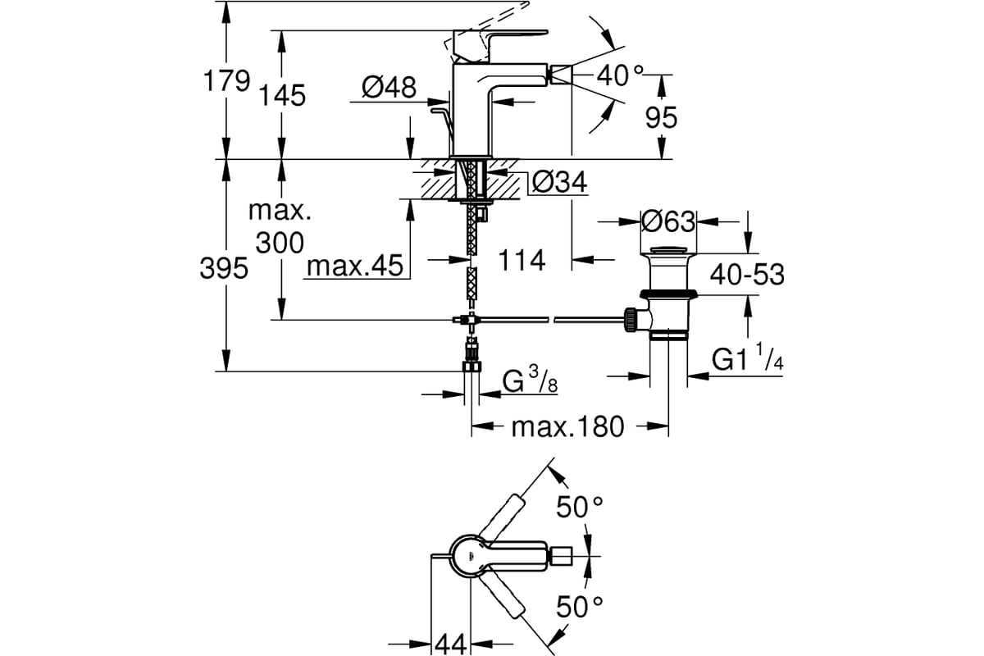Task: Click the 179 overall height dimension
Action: click(226, 81)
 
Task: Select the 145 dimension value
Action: click(282, 95)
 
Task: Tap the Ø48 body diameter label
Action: click(389, 87)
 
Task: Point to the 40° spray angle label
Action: click(620, 75)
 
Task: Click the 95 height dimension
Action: click(661, 117)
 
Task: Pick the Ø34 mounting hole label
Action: click(559, 182)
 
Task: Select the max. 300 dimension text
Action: click(280, 226)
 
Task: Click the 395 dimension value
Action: click(224, 268)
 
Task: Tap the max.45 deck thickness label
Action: click(355, 266)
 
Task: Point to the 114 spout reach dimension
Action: click(522, 260)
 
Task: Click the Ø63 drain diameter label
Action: click(668, 221)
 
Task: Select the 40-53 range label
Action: click(747, 275)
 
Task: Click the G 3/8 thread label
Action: click(530, 380)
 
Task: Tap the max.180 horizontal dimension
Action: click(567, 426)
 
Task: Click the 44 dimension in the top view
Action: click(450, 645)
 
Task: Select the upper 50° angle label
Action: click(580, 507)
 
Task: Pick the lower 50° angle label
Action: click(580, 608)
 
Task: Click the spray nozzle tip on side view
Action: click(561, 75)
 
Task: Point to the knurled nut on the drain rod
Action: click(630, 320)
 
